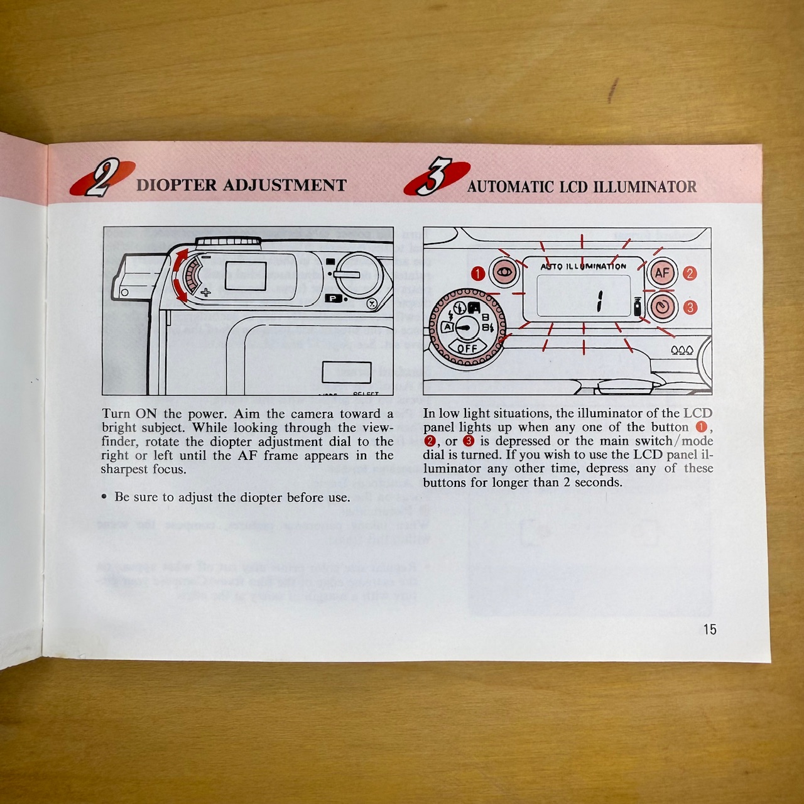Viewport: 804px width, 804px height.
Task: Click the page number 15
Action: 709,629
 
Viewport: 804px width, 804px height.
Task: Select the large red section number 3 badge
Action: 436,178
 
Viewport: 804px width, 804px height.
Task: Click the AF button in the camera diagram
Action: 662,273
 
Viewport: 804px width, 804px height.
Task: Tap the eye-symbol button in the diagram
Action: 505,273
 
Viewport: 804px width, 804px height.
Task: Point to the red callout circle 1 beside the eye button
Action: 478,274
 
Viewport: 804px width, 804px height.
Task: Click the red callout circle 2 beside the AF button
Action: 690,273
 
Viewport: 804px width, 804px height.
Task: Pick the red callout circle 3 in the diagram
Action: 690,307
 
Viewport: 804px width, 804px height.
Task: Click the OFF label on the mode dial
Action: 467,349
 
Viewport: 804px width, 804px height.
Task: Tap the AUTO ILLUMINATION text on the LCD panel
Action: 584,266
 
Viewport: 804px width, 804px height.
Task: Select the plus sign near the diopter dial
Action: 205,292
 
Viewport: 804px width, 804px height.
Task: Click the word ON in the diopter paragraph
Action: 146,414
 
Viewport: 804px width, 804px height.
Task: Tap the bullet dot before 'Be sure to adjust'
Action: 104,497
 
